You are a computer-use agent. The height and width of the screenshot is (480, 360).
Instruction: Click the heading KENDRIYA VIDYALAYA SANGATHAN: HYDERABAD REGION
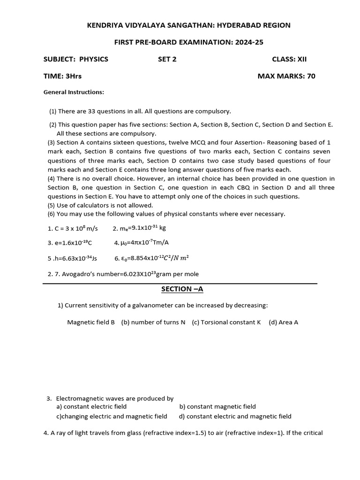189,25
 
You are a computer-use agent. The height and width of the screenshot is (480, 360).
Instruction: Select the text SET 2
167,59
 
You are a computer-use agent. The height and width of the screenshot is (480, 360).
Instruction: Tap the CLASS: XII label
289,59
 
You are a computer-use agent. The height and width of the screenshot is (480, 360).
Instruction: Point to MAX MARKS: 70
286,76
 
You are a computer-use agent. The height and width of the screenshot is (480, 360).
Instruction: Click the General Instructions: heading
74,92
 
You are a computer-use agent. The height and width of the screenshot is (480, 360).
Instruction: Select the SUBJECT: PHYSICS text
76,59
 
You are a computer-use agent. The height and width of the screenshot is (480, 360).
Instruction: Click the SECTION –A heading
182,289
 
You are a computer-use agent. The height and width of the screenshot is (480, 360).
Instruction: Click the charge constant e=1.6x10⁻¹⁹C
70,243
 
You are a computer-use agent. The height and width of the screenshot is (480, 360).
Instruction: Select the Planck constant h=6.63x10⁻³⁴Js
72,258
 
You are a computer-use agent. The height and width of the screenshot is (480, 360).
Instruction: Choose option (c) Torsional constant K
226,322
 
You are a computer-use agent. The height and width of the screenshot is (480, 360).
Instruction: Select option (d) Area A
283,322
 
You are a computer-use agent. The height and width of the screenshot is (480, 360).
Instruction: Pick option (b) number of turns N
153,322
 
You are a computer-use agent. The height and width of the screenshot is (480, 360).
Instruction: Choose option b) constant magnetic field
217,407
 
